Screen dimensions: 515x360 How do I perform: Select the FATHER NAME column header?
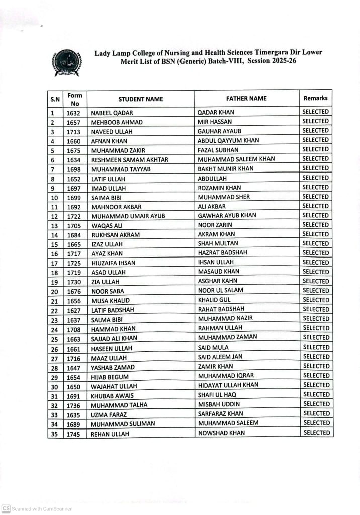(x=246, y=98)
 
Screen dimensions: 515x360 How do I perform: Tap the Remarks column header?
(x=315, y=98)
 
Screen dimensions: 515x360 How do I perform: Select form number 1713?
(x=74, y=132)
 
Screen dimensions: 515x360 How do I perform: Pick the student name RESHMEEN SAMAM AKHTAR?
(x=129, y=160)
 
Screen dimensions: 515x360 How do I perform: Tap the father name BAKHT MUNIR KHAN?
(x=226, y=168)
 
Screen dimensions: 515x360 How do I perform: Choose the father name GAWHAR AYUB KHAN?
(x=227, y=215)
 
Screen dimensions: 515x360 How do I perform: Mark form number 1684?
(x=74, y=235)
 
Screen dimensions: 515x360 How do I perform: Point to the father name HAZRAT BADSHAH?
(x=223, y=252)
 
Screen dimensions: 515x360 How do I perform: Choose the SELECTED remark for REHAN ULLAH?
(x=316, y=433)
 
